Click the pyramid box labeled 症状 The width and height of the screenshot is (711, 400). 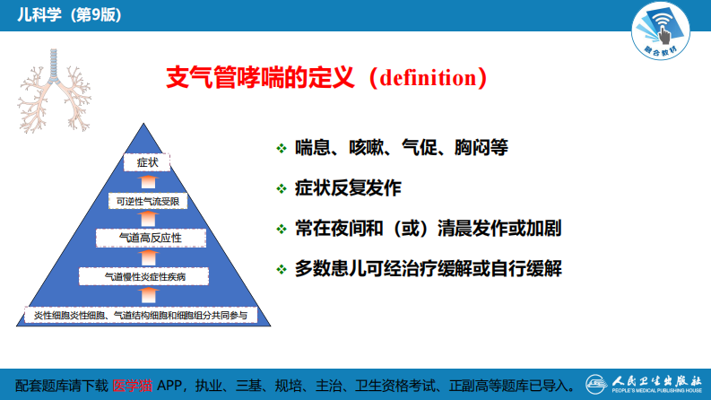point(146,163)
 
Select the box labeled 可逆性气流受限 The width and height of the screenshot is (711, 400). point(148,202)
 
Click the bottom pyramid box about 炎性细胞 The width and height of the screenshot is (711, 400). point(147,315)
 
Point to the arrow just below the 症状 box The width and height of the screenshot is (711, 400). point(147,182)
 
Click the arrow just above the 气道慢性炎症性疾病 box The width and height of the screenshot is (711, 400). point(147,257)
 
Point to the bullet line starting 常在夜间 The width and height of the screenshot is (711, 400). point(429,228)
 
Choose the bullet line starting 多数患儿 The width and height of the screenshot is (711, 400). point(429,268)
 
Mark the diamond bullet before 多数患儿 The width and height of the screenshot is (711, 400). point(281,269)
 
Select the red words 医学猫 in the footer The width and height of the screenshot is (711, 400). point(131,385)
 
